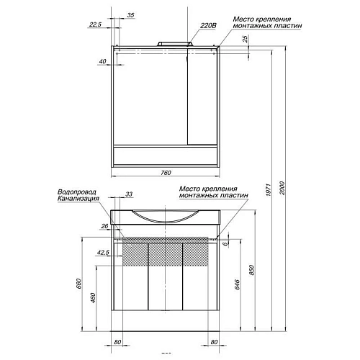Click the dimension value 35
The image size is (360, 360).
pos(130,15)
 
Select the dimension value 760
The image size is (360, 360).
pos(166,174)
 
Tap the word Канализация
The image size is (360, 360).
pos(79,200)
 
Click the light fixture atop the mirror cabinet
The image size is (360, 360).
pos(171,44)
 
